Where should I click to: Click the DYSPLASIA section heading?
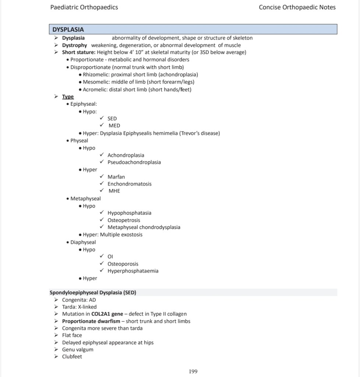pos(68,29)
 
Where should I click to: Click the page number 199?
pos(193,371)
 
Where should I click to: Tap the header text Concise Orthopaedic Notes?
pos(297,7)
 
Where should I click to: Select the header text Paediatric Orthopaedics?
pos(84,7)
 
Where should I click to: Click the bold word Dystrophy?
pos(74,45)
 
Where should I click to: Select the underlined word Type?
pos(68,96)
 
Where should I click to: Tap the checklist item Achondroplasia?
pos(126,155)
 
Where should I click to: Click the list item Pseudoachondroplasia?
pos(134,162)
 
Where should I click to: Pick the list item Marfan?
pos(116,177)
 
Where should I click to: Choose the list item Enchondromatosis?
pos(129,184)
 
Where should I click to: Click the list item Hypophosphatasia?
pos(129,213)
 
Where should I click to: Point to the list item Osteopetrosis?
pos(124,220)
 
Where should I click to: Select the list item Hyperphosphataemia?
pos(133,271)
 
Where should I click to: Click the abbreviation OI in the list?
pos(110,256)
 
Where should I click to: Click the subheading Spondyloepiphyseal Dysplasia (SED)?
pos(93,293)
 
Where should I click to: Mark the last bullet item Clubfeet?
pos(72,357)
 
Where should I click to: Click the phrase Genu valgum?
pos(77,349)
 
